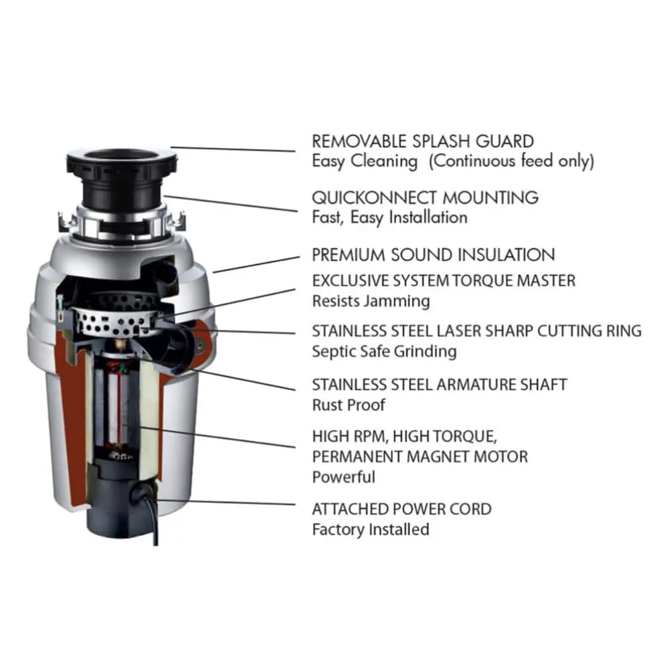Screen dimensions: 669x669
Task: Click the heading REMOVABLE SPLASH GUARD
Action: (x=423, y=141)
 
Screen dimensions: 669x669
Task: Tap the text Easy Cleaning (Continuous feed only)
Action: (x=453, y=161)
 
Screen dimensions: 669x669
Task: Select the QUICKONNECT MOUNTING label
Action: (x=425, y=197)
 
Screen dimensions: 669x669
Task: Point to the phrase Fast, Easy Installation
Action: (x=389, y=217)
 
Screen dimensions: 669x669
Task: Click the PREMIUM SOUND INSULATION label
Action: (x=434, y=255)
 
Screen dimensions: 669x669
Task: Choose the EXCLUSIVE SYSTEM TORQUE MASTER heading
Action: (x=444, y=280)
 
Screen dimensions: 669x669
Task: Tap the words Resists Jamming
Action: (x=371, y=301)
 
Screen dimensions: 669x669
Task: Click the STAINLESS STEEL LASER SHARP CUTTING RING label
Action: (x=476, y=331)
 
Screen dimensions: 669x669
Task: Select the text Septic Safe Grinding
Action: (x=384, y=351)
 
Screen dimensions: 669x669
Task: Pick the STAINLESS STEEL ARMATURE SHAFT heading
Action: (x=440, y=385)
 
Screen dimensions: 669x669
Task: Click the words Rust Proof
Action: (x=348, y=405)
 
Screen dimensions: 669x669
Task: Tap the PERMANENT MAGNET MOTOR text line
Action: (x=419, y=457)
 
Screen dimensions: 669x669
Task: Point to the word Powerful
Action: (x=343, y=477)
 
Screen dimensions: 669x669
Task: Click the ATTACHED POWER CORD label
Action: (x=401, y=509)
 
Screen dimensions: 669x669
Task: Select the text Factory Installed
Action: (x=371, y=529)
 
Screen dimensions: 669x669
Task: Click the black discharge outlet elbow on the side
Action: (x=181, y=345)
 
